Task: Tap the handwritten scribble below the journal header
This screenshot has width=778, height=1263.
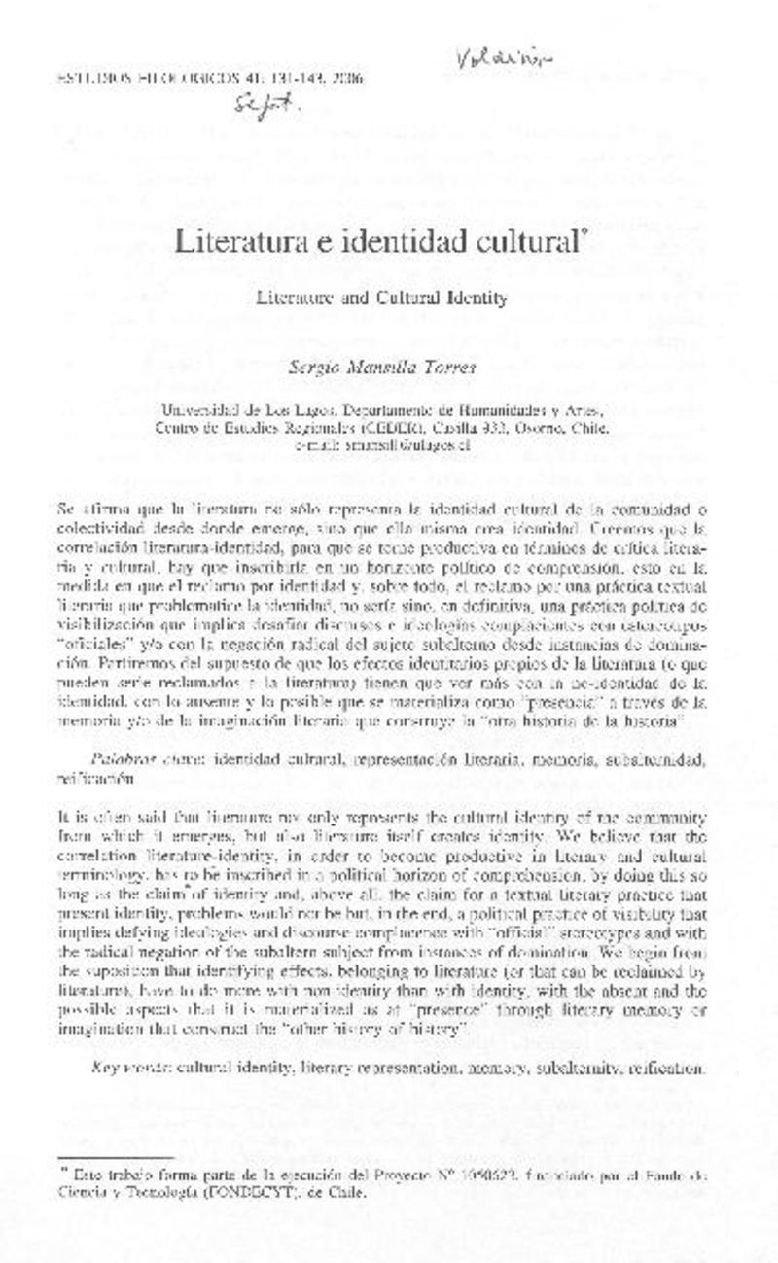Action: point(262,110)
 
